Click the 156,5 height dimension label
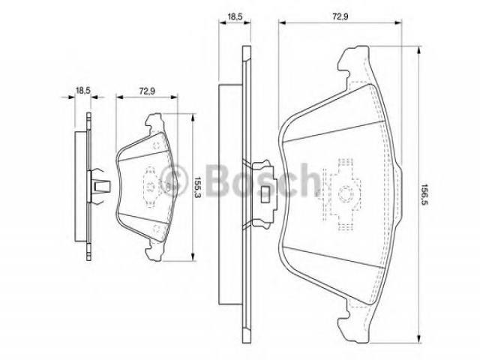tap(424, 195)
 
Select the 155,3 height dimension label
tap(197, 187)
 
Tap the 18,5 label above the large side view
tap(235, 16)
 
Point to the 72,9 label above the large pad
tap(340, 16)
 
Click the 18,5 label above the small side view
tap(82, 91)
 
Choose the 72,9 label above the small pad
tap(147, 91)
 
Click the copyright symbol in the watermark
tap(173, 181)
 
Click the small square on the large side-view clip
tap(265, 194)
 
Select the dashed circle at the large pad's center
tap(345, 193)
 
